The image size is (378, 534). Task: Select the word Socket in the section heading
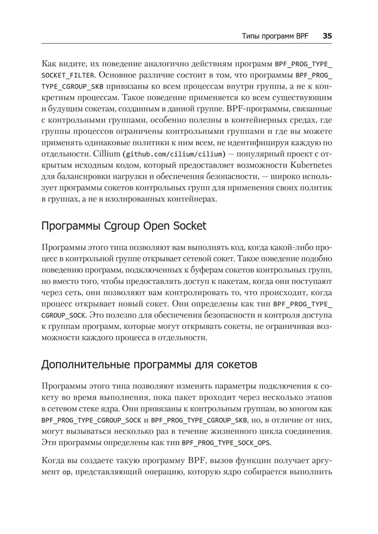(187, 226)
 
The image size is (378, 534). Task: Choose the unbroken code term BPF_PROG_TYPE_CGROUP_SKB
(196, 420)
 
